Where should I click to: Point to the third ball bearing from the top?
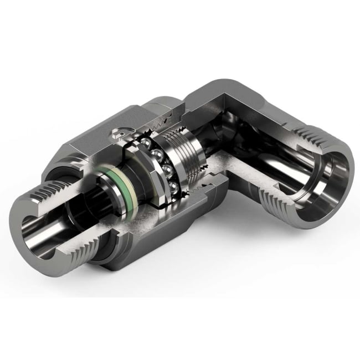point(166,168)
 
